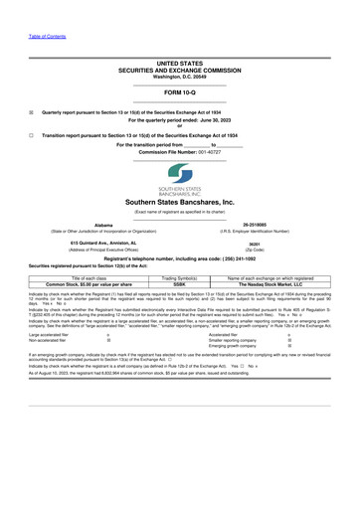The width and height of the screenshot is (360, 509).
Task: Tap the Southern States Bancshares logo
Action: tap(180, 180)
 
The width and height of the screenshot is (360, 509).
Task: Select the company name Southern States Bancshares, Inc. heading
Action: tap(179, 202)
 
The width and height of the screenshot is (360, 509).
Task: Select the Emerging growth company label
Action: tap(236, 348)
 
